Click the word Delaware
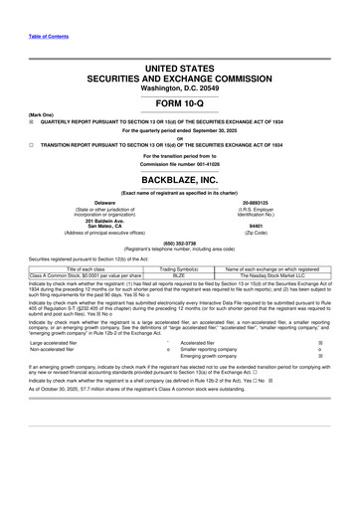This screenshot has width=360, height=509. pyautogui.click(x=96, y=202)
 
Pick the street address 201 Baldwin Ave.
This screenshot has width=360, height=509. pyautogui.click(x=96, y=219)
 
